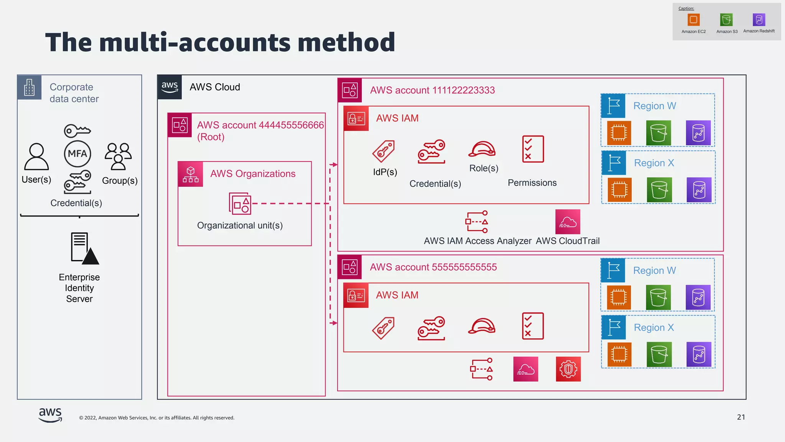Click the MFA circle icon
77,154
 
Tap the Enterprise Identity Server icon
85,249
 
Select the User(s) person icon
36,157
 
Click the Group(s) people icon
118,156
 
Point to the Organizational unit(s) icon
240,203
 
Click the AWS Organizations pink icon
191,174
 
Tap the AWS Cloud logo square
170,87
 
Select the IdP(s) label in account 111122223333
385,172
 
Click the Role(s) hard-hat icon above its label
482,149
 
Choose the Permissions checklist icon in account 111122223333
533,149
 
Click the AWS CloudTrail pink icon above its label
568,222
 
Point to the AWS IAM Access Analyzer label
477,241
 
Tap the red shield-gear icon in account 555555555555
568,369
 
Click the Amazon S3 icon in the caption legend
726,20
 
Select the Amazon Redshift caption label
759,31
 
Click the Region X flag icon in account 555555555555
614,327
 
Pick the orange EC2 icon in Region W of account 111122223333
619,133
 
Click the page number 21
741,417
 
